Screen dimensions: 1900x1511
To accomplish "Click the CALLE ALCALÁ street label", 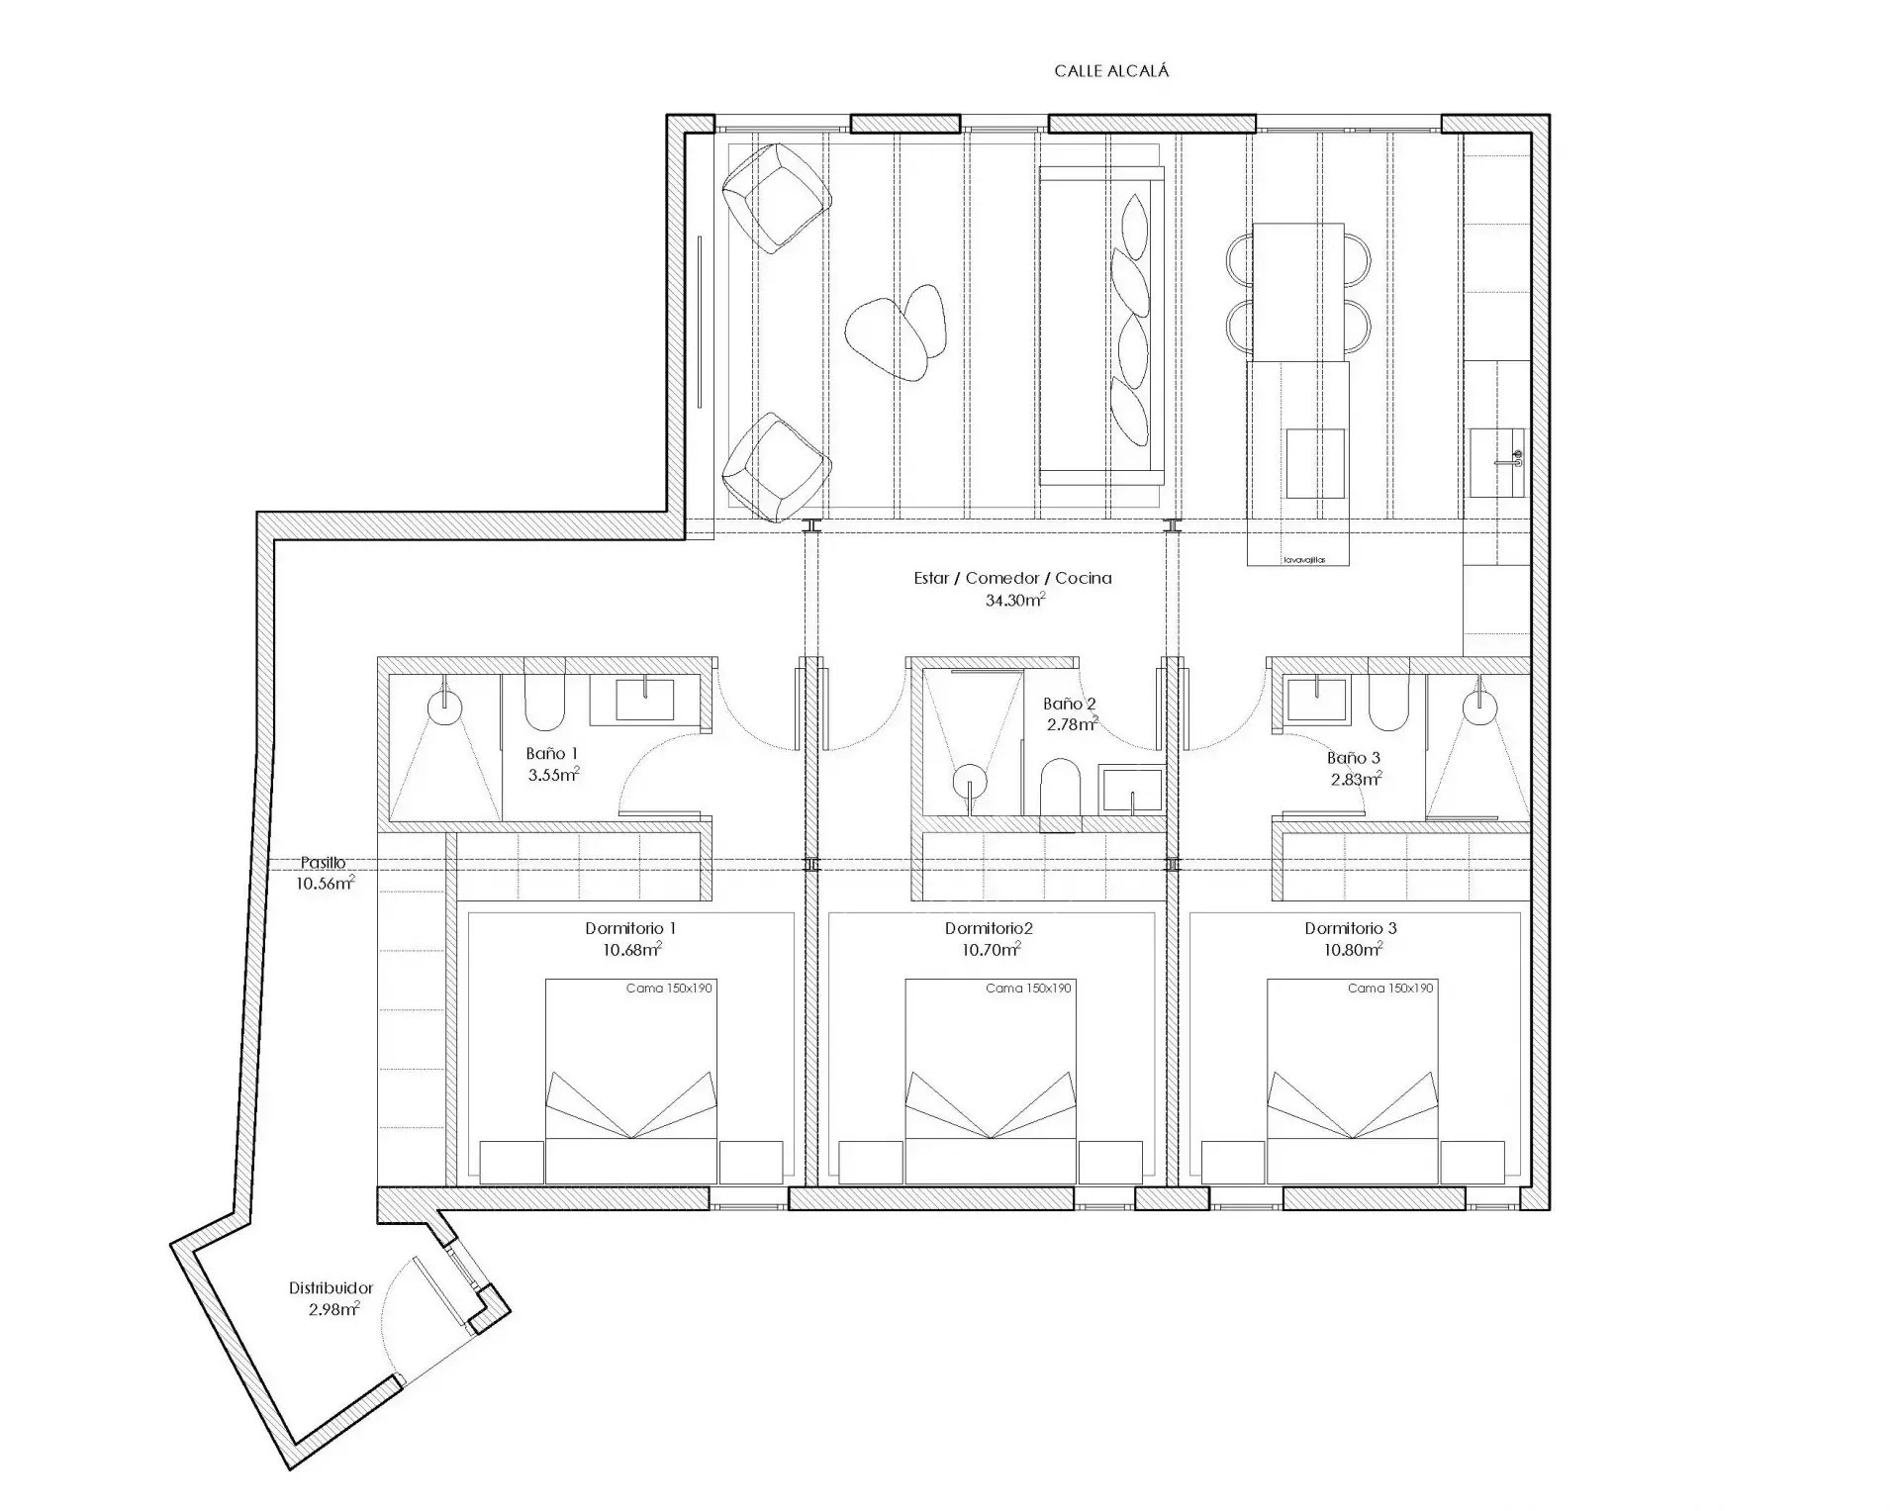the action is click(x=1111, y=71).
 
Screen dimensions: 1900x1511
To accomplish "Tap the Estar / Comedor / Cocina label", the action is click(x=1012, y=578).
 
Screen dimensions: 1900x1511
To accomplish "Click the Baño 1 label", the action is click(x=552, y=754).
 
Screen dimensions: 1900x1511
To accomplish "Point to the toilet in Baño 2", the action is click(x=1060, y=794).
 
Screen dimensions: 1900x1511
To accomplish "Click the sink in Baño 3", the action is click(x=1317, y=699).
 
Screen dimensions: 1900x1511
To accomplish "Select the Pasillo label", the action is click(x=324, y=863).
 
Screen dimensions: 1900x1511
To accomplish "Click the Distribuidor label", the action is click(x=331, y=1288).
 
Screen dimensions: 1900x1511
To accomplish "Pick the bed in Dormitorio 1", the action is click(x=630, y=1082).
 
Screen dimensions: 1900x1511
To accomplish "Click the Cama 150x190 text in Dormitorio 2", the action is click(x=1028, y=989).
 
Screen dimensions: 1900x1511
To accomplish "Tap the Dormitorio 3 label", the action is click(x=1351, y=928).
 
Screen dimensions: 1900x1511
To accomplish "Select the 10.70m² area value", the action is click(x=991, y=950).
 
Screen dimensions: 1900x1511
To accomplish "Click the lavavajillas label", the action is click(x=1302, y=560).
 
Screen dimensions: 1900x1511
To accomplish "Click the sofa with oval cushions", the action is click(x=1100, y=326).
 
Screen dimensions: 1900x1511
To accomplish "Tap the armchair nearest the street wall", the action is click(x=775, y=197).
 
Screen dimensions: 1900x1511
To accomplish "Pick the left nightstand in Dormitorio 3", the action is click(x=1233, y=1162).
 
